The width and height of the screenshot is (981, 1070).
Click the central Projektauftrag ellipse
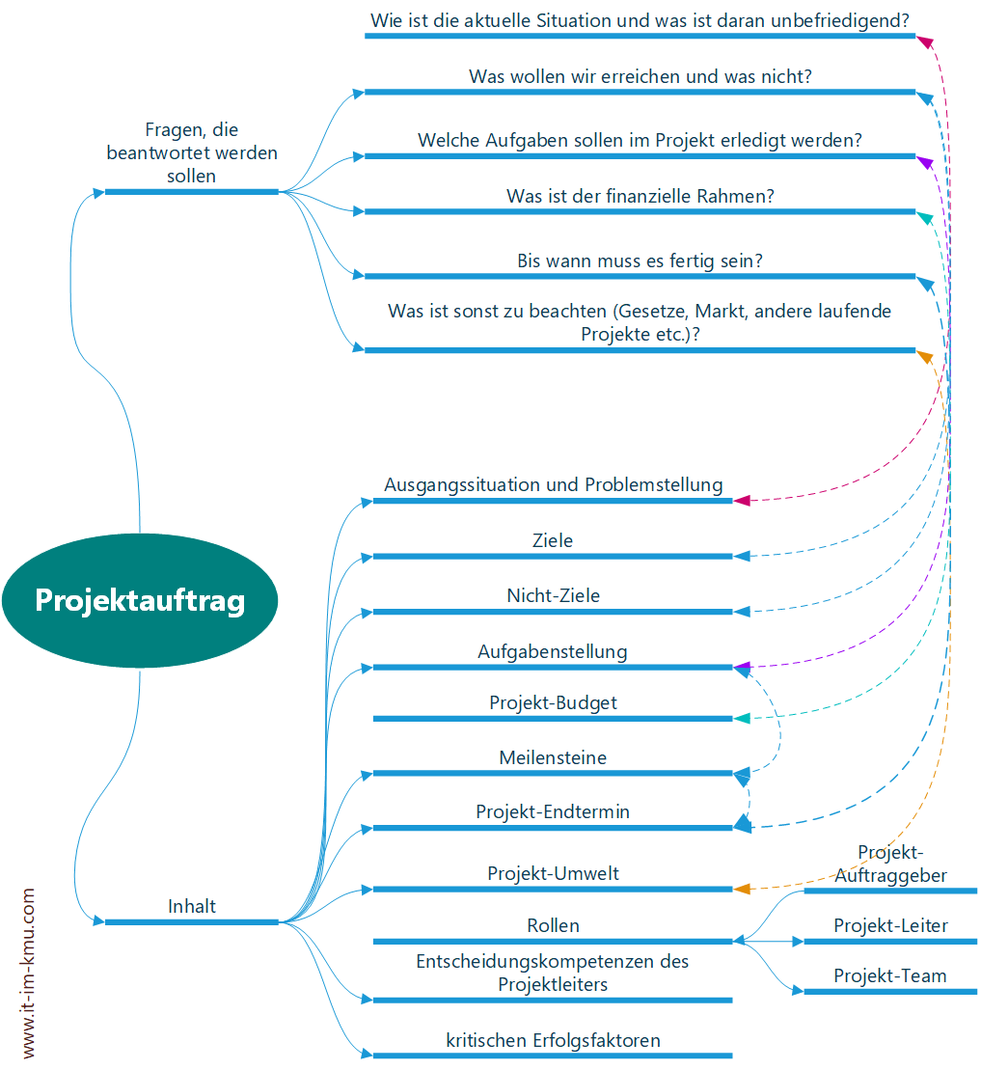click(140, 600)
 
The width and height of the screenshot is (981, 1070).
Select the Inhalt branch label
click(192, 906)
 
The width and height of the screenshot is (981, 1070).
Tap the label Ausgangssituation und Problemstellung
click(553, 484)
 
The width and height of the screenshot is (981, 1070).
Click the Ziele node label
click(553, 540)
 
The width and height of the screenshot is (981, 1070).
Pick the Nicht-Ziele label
click(553, 595)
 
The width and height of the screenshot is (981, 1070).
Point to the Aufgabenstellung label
click(553, 651)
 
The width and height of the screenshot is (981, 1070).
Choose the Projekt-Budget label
click(553, 702)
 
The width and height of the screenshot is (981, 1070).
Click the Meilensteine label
click(553, 757)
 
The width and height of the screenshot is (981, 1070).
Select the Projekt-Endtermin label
click(553, 811)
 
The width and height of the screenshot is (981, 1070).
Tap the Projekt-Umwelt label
click(553, 873)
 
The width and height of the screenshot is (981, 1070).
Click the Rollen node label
click(553, 925)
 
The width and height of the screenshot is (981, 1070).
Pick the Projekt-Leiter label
click(890, 925)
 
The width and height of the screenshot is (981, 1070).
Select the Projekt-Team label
click(890, 975)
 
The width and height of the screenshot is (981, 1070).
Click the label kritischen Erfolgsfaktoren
click(553, 1040)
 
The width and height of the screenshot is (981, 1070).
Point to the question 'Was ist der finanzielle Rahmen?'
click(640, 196)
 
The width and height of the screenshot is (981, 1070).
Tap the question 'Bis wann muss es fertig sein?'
click(640, 261)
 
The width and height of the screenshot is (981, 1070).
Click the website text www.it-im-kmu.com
click(28, 974)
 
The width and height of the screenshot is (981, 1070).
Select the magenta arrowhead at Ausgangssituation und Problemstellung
click(741, 501)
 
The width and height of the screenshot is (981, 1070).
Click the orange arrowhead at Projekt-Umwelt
click(742, 888)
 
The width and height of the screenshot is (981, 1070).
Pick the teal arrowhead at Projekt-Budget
click(741, 719)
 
